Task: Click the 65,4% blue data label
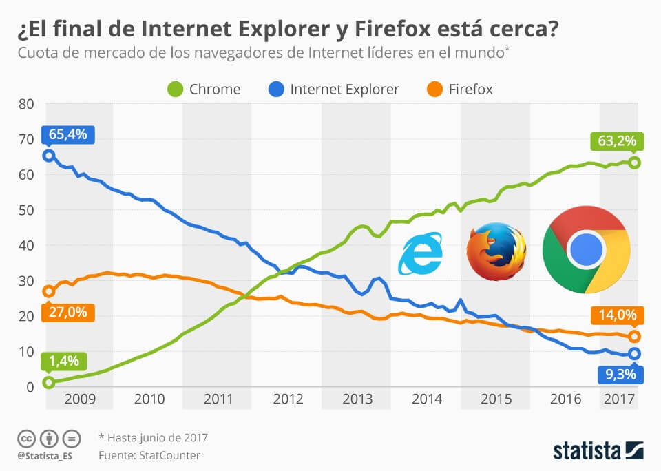click(67, 134)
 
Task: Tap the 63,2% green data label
click(616, 142)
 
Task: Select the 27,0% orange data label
click(67, 312)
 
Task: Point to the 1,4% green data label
click(64, 361)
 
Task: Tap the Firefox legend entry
click(459, 89)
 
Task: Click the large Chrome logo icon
click(586, 249)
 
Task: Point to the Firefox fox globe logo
click(496, 251)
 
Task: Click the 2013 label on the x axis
click(357, 399)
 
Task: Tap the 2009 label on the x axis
click(78, 399)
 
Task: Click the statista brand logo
click(598, 450)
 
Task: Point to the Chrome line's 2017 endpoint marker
click(634, 163)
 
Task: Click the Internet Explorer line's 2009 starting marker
click(49, 156)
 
